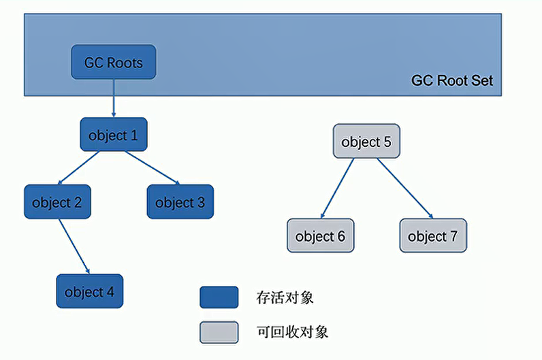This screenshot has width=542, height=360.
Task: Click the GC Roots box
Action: (114, 62)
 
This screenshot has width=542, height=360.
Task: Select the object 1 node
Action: (113, 135)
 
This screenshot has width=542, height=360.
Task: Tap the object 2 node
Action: (57, 202)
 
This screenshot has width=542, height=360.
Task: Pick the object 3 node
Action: (180, 202)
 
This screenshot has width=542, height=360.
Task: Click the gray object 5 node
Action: (366, 142)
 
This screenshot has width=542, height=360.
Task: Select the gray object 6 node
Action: (320, 236)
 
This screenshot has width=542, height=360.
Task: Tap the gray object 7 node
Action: (432, 236)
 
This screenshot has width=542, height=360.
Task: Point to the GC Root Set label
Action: (451, 80)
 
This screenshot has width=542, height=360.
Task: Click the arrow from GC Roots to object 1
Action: (114, 98)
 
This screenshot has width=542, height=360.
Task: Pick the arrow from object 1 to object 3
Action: (151, 167)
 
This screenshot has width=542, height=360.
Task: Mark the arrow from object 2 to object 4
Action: (74, 246)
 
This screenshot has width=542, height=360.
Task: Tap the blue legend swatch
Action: (219, 297)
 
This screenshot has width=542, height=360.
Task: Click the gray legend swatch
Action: (219, 332)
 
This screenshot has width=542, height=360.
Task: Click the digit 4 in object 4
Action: (110, 292)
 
